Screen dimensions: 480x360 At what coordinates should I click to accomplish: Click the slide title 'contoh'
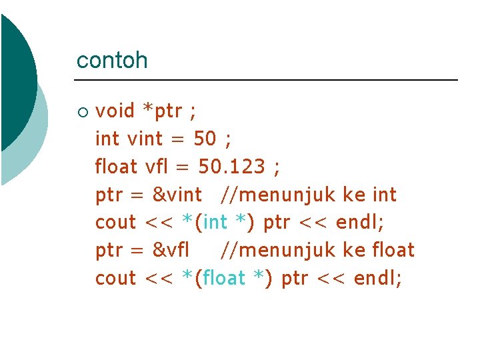pyautogui.click(x=112, y=61)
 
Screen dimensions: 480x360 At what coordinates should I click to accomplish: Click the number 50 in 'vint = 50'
pyautogui.click(x=205, y=139)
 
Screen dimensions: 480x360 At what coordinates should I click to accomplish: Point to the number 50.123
pyautogui.click(x=231, y=167)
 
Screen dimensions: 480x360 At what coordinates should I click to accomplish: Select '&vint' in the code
pyautogui.click(x=177, y=195)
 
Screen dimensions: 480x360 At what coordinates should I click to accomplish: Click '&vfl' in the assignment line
pyautogui.click(x=171, y=251)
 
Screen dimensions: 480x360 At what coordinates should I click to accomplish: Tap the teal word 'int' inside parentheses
pyautogui.click(x=215, y=223)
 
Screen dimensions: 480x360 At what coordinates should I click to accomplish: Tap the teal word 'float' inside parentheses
pyautogui.click(x=223, y=279)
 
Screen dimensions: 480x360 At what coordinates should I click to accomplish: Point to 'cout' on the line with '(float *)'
pyautogui.click(x=115, y=279)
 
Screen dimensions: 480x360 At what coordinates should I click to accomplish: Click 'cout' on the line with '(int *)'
pyautogui.click(x=115, y=223)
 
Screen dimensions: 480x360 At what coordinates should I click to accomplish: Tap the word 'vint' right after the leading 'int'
pyautogui.click(x=144, y=139)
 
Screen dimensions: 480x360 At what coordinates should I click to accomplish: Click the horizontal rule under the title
pyautogui.click(x=267, y=80)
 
